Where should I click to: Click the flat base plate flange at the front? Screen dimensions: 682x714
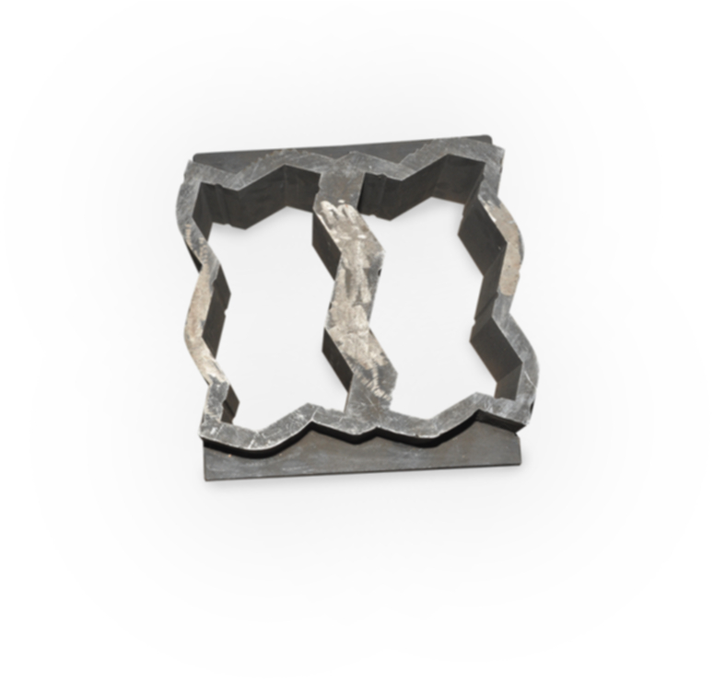tap(369, 456)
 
